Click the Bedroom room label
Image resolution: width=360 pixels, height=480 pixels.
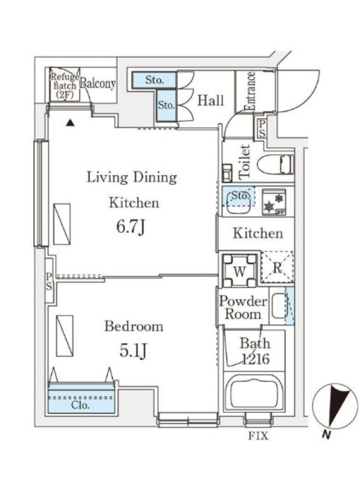[134, 326]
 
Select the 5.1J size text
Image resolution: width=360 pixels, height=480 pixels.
[133, 351]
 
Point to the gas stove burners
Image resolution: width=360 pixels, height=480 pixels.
[274, 202]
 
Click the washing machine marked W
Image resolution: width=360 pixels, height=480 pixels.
[239, 271]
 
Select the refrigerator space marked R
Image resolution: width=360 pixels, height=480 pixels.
[277, 267]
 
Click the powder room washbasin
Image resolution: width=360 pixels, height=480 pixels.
[279, 305]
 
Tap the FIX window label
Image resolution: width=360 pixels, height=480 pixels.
[258, 436]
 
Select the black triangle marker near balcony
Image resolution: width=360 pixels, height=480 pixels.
[70, 123]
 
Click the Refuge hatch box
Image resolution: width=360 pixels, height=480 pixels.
[65, 85]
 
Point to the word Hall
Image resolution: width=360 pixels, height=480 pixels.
[211, 100]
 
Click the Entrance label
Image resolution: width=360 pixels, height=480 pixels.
[250, 91]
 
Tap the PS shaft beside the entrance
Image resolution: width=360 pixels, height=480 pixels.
[262, 128]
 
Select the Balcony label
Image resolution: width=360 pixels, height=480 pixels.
[98, 83]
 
